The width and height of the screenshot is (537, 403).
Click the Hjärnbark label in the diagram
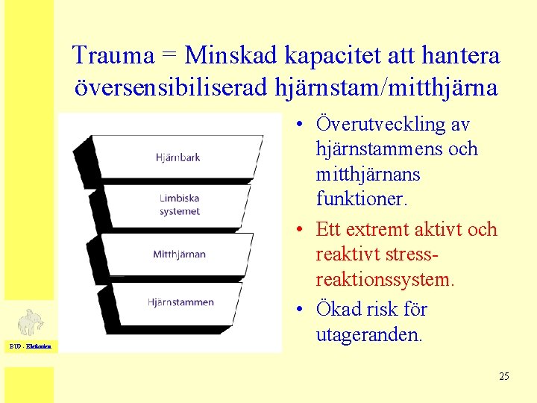pyautogui.click(x=178, y=157)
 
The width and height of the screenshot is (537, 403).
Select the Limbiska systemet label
pyautogui.click(x=180, y=205)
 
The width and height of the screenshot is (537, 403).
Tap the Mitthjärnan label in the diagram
pyautogui.click(x=179, y=254)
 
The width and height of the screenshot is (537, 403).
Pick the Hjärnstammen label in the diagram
pyautogui.click(x=180, y=302)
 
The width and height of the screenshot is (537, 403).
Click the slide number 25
pyautogui.click(x=504, y=376)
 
